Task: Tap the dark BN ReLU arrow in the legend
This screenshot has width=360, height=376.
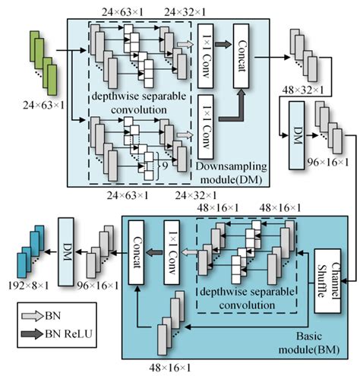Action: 33,332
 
